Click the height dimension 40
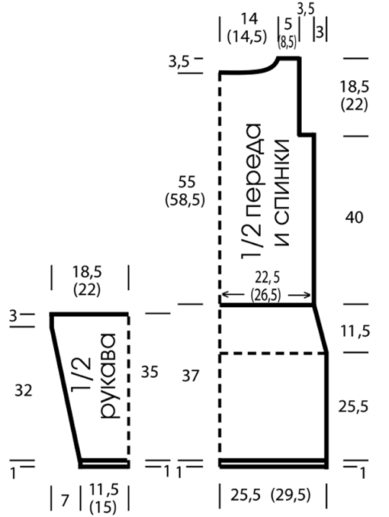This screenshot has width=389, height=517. click(x=354, y=217)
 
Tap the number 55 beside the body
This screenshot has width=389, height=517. click(x=186, y=183)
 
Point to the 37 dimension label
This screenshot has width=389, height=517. click(x=190, y=376)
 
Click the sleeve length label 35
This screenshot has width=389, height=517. click(x=149, y=372)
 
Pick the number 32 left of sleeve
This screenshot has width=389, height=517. click(x=23, y=391)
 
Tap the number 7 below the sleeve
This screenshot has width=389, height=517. click(x=65, y=501)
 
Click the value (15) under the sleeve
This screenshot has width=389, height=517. click(x=103, y=507)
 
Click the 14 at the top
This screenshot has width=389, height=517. click(x=249, y=19)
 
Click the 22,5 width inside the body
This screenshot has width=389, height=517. click(x=267, y=278)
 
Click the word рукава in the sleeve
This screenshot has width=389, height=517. click(x=109, y=376)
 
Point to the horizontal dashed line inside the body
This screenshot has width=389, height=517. click(x=274, y=354)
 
